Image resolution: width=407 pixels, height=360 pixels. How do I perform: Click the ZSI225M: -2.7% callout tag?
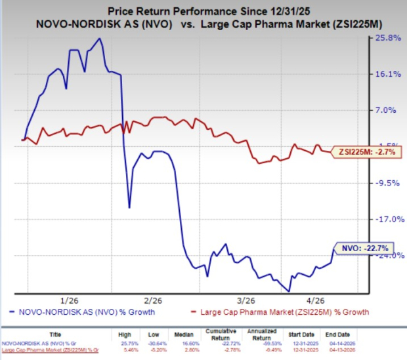coord(364,152)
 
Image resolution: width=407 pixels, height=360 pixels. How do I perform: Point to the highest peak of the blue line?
coord(99,39)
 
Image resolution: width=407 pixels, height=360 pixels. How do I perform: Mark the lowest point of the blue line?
coord(288,290)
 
